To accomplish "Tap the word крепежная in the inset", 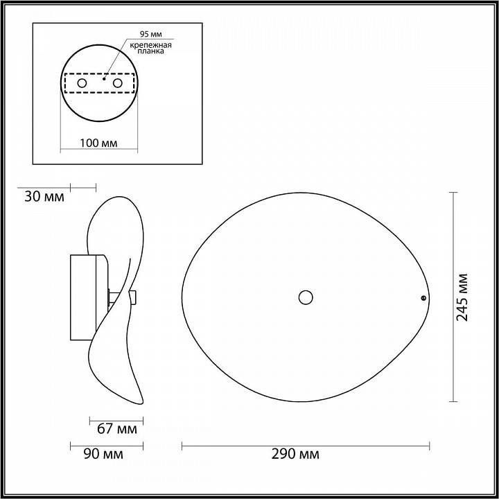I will (x=150, y=44).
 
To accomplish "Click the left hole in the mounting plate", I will (x=82, y=83).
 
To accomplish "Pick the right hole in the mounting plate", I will (x=117, y=83).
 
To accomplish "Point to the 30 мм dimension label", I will (x=44, y=196).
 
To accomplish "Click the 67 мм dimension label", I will (x=116, y=429).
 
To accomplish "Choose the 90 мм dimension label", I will (x=103, y=455).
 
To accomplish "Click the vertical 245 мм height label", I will (x=462, y=297).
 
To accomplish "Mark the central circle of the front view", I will (x=305, y=297).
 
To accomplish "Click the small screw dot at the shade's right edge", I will (x=423, y=298).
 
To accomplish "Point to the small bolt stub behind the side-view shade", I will (x=132, y=298).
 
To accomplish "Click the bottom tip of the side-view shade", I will (x=141, y=403).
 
